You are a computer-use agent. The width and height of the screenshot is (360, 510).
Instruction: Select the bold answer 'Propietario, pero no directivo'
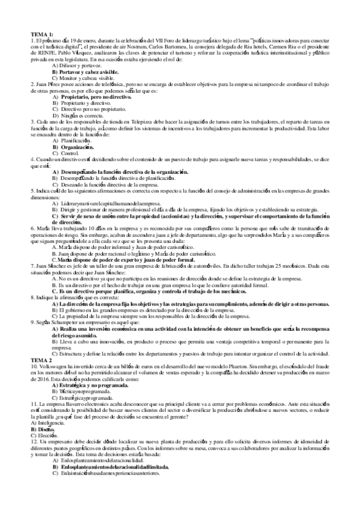tap(96, 96)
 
